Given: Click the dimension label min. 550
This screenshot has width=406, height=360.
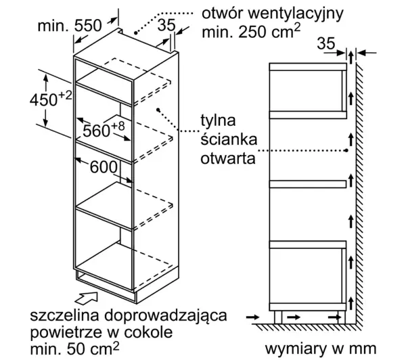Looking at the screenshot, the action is click(x=70, y=26).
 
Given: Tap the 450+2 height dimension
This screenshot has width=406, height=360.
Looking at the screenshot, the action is click(x=51, y=99).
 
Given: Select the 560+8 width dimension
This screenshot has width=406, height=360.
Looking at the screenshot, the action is click(x=104, y=129).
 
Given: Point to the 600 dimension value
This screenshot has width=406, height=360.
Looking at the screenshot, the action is click(x=104, y=167).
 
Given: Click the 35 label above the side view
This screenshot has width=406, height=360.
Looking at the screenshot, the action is click(x=326, y=43).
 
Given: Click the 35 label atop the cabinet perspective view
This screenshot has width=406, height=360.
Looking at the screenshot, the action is click(x=166, y=25).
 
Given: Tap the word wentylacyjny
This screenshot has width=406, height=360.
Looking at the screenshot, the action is click(x=296, y=14).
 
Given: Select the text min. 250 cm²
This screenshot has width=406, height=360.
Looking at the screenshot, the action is click(x=251, y=32).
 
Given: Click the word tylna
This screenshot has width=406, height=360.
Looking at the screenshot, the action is click(x=218, y=120).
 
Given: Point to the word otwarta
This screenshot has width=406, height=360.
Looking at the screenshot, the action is click(x=228, y=158).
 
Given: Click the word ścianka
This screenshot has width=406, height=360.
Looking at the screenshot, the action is click(x=229, y=139).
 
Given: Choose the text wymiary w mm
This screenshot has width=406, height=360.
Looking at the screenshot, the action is click(x=321, y=348).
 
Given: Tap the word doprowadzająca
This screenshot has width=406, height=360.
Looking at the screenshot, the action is click(x=166, y=316).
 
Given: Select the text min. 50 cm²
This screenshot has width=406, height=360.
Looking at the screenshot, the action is click(x=75, y=348).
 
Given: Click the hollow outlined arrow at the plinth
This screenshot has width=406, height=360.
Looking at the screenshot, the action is click(x=86, y=298).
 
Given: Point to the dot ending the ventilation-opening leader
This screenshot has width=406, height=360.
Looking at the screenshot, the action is click(x=135, y=33).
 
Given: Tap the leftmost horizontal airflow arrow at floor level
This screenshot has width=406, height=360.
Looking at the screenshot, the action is click(x=252, y=317).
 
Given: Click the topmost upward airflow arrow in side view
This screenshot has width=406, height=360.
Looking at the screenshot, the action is click(x=351, y=58).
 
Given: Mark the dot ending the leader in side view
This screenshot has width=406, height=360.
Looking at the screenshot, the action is click(x=346, y=150).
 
